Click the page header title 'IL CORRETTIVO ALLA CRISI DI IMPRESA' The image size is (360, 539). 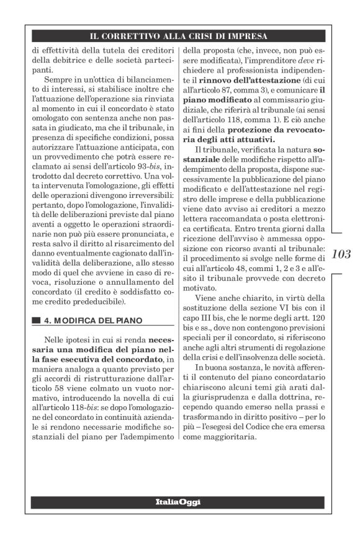[x=179, y=36]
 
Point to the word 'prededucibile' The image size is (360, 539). [x=97, y=301]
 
